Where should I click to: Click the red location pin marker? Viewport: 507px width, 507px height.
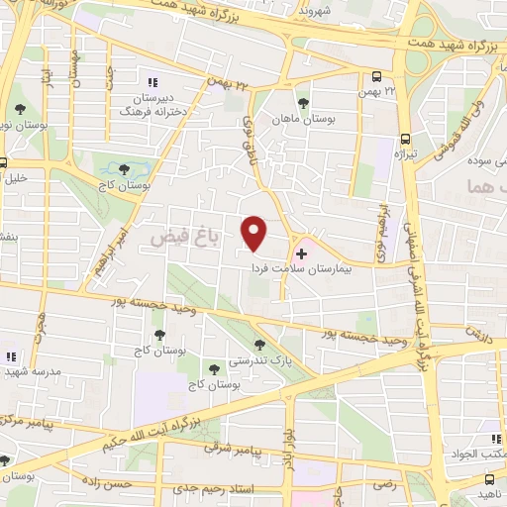tap(254, 233)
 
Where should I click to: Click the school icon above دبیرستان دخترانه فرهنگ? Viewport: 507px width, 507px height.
tap(152, 82)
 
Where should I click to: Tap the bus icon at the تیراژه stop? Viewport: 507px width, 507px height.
tap(405, 140)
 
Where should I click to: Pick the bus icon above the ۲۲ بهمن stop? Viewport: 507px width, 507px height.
tap(377, 76)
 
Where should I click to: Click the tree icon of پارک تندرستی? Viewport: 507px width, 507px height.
tap(259, 346)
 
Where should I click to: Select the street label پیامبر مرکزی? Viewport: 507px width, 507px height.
tap(25, 422)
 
